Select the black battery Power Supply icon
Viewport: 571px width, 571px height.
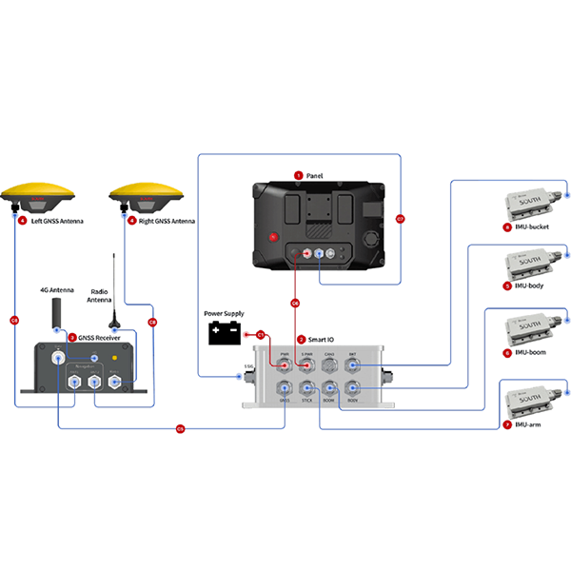pyautogui.click(x=226, y=333)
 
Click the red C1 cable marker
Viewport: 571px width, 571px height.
pyautogui.click(x=260, y=334)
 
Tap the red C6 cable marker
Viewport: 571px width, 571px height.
pyautogui.click(x=295, y=304)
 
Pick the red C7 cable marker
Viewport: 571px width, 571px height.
pyautogui.click(x=400, y=220)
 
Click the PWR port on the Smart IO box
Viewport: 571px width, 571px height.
pyautogui.click(x=284, y=365)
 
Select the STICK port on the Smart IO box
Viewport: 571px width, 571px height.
pyautogui.click(x=306, y=389)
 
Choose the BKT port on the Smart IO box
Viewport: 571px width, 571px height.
pyautogui.click(x=352, y=365)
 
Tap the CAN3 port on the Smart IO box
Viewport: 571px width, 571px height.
pyautogui.click(x=329, y=365)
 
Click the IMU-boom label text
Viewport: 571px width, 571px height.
pyautogui.click(x=531, y=353)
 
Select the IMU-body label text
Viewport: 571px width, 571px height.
pyautogui.click(x=531, y=285)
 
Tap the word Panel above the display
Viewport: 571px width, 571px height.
pyautogui.click(x=315, y=175)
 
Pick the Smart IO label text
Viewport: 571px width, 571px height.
pyautogui.click(x=322, y=339)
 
